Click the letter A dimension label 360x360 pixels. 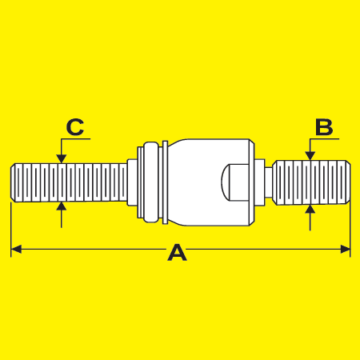pyautogui.click(x=177, y=253)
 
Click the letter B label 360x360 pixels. pyautogui.click(x=324, y=127)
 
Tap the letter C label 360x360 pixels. pyautogui.click(x=75, y=127)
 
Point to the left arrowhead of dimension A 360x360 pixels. pyautogui.click(x=16, y=250)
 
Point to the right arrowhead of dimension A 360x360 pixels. pyautogui.click(x=345, y=250)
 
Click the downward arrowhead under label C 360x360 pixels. pyautogui.click(x=62, y=158)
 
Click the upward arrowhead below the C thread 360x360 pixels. pyautogui.click(x=62, y=207)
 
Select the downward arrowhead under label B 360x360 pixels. pyautogui.click(x=310, y=156)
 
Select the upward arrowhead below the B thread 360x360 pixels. pyautogui.click(x=310, y=210)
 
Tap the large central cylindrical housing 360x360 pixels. pyautogui.click(x=210, y=182)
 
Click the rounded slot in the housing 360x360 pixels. pyautogui.click(x=235, y=182)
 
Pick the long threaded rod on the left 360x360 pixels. pyautogui.click(x=69, y=182)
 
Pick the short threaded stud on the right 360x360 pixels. pyautogui.click(x=313, y=182)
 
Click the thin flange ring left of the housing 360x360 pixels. pyautogui.click(x=165, y=182)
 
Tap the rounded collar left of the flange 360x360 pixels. pyautogui.click(x=151, y=182)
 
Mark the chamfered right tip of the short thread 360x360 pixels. pyautogui.click(x=348, y=182)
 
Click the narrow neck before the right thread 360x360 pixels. pyautogui.click(x=269, y=182)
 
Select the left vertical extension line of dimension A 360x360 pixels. pyautogui.click(x=11, y=230)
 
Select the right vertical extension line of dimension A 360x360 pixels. pyautogui.click(x=350, y=230)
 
